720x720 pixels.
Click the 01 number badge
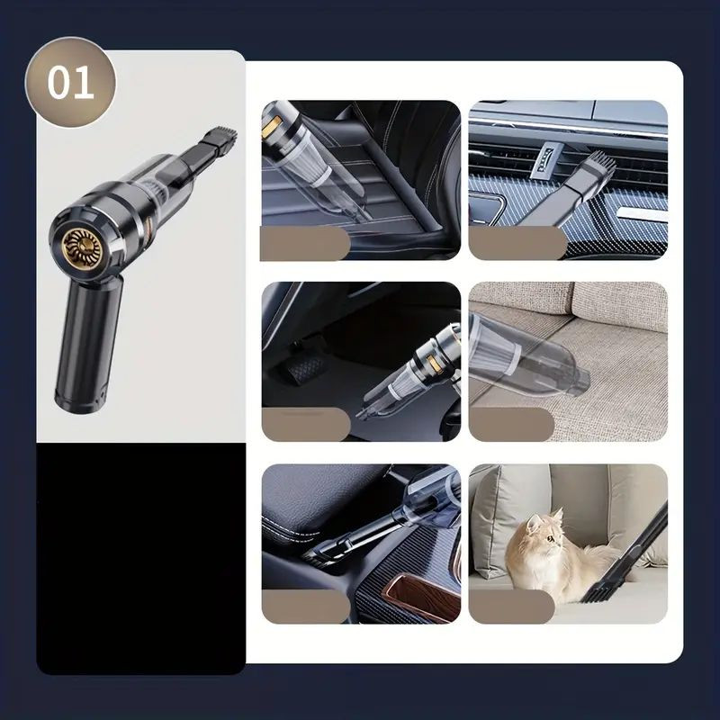pos(70,83)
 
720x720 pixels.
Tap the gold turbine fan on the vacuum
pos(82,248)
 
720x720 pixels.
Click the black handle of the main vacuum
pos(88,345)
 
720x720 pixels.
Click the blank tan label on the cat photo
pos(512,606)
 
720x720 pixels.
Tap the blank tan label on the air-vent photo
pos(518,243)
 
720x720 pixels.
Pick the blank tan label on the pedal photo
pos(306,424)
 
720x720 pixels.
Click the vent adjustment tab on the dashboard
pos(544,162)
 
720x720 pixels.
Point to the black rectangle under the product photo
pos(141,558)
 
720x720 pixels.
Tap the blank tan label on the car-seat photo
pos(305,243)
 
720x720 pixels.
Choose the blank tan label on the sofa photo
pos(511,424)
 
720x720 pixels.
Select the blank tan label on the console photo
pos(306,606)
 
